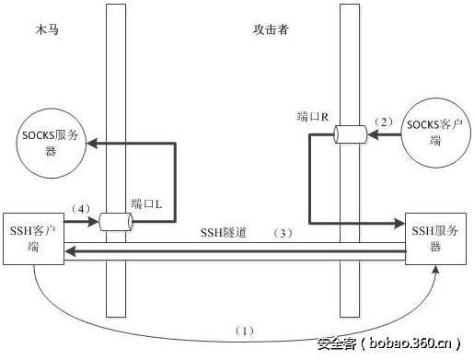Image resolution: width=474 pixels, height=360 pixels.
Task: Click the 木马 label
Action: point(47,29)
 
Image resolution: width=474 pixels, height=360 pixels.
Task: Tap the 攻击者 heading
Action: point(271,29)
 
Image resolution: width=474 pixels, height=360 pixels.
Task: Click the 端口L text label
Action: point(146,203)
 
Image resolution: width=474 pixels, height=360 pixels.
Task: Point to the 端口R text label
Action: point(312,117)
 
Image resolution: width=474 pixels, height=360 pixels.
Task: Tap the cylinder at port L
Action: point(116,222)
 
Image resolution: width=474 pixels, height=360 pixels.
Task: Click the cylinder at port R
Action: point(350,134)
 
